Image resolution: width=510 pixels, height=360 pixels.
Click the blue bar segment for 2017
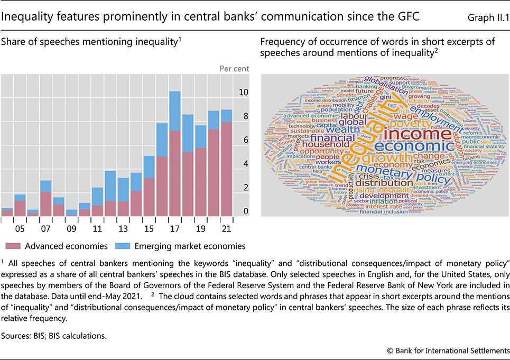175,111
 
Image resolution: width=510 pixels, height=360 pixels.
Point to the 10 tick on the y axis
243,93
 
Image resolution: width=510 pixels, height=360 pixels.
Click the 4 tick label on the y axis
243,164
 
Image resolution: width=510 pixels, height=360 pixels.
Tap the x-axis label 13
123,230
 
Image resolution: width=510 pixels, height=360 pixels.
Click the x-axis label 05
20,230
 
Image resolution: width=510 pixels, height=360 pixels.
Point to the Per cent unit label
234,68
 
